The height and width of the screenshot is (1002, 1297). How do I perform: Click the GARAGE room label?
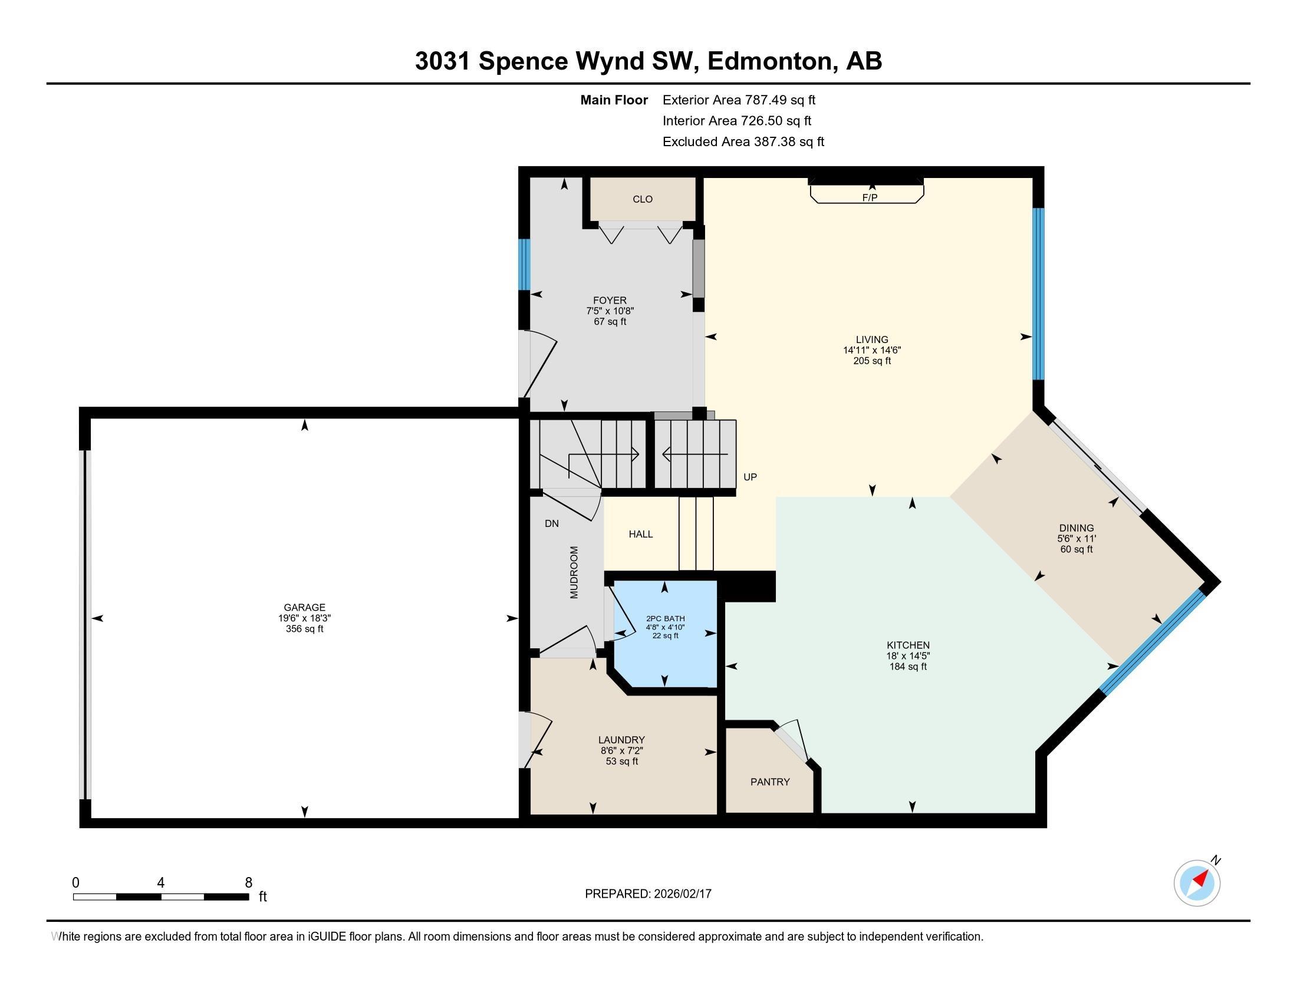pos(304,607)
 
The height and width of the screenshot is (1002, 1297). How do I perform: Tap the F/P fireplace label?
pos(870,197)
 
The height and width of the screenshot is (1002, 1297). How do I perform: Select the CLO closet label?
pos(643,199)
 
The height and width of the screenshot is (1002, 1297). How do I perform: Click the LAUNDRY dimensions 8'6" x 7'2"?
pos(621,750)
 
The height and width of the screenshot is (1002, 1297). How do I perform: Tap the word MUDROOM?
pos(574,572)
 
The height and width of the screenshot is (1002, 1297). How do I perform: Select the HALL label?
pos(641,534)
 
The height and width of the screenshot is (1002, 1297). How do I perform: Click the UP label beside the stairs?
pos(750,477)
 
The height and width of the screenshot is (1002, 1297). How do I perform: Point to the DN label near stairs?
pos(552,523)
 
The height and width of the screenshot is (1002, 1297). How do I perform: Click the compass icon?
pos(1197,883)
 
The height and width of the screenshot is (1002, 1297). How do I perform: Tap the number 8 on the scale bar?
pos(248,883)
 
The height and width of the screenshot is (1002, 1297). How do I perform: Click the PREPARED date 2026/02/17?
pos(682,894)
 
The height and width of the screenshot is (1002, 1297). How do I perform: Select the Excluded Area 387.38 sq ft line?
pos(743,142)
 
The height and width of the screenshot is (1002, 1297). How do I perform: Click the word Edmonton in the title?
pos(769,61)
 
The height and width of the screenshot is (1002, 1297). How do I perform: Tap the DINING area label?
pos(1076,528)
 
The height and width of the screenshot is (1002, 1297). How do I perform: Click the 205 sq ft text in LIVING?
pos(872,361)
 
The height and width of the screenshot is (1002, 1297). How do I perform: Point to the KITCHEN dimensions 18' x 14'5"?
pos(907,656)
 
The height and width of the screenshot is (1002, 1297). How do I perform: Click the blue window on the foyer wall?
pos(524,264)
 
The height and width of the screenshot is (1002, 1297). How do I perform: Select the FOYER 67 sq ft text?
pos(610,322)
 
